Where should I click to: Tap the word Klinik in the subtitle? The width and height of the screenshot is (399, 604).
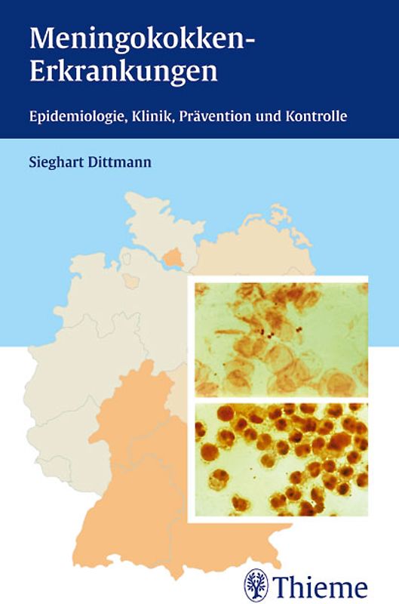coord(157,119)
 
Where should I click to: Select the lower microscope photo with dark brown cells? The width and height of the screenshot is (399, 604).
coord(281,459)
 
